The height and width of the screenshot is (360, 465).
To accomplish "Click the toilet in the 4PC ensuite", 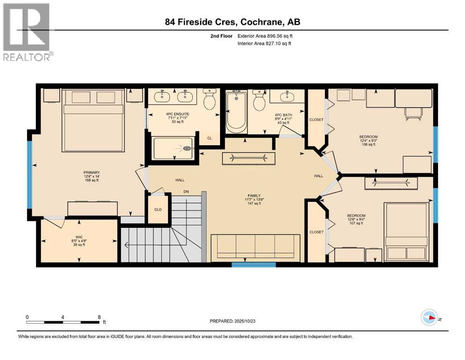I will point(210,100).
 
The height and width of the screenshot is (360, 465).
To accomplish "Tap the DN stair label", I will point(185,191).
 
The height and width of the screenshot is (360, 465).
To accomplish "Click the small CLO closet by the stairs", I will point(158,209).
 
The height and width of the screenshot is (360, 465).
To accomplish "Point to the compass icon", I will point(429,317).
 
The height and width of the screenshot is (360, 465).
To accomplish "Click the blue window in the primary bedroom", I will point(30,174).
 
